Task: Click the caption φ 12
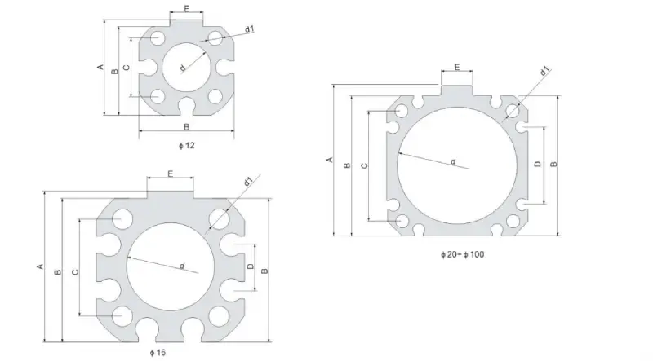click(x=186, y=145)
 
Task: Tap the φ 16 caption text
click(x=158, y=353)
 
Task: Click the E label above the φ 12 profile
click(x=186, y=9)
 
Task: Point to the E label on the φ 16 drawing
click(x=170, y=174)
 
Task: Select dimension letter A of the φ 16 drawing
click(x=39, y=266)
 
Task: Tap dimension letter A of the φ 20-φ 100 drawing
click(x=329, y=160)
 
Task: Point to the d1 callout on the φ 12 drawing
click(x=250, y=29)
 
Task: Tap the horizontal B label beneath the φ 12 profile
click(x=186, y=127)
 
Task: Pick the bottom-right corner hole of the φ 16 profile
click(x=217, y=315)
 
